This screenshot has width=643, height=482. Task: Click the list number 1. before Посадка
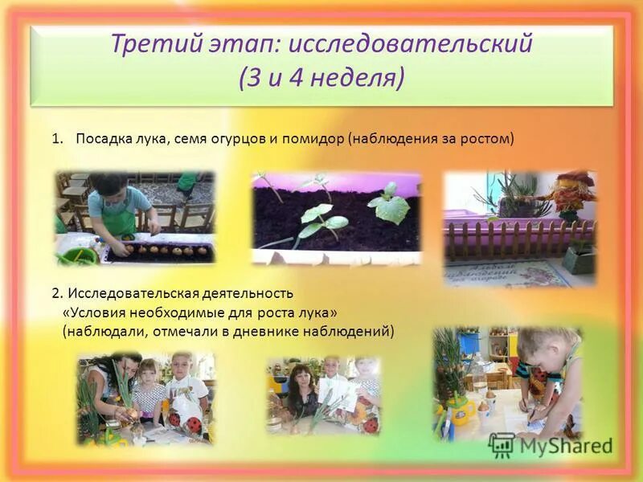tap(57, 139)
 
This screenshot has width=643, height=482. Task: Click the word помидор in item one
tap(314, 139)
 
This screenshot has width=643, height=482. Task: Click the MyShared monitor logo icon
tap(502, 444)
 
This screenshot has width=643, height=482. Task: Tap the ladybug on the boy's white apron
tap(174, 419)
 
